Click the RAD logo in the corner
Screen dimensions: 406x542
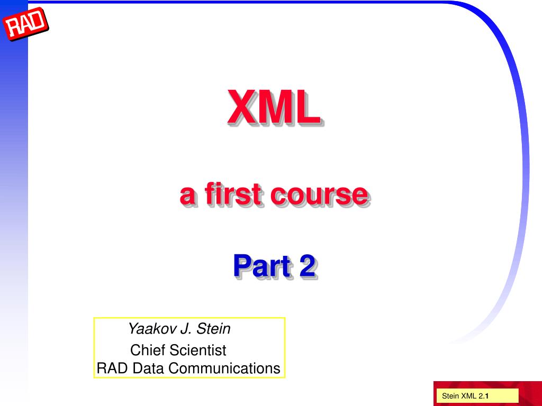(x=25, y=24)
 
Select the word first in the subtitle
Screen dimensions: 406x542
(x=231, y=194)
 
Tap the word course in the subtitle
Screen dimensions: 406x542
(x=319, y=194)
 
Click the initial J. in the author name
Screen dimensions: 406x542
(x=186, y=329)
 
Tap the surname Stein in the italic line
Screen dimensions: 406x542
(x=214, y=329)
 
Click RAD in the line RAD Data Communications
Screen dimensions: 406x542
(x=109, y=368)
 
